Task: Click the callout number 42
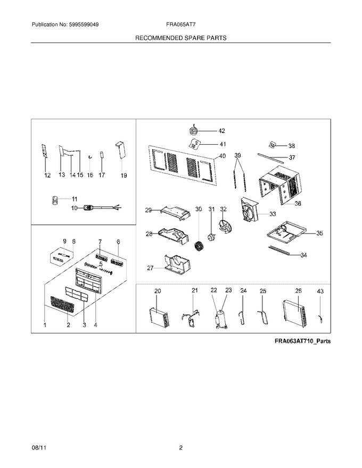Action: (221, 131)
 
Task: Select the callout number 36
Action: (298, 204)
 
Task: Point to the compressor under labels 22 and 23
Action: (220, 319)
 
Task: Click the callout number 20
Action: (158, 291)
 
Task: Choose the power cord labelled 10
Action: (101, 207)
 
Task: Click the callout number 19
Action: (124, 175)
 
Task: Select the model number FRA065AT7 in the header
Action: (181, 24)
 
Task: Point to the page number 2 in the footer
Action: (180, 448)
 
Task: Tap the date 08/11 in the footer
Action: (37, 448)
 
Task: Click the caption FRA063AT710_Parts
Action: (302, 341)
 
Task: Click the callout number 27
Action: (150, 268)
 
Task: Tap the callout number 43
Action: (320, 291)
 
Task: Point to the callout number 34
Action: (304, 255)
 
